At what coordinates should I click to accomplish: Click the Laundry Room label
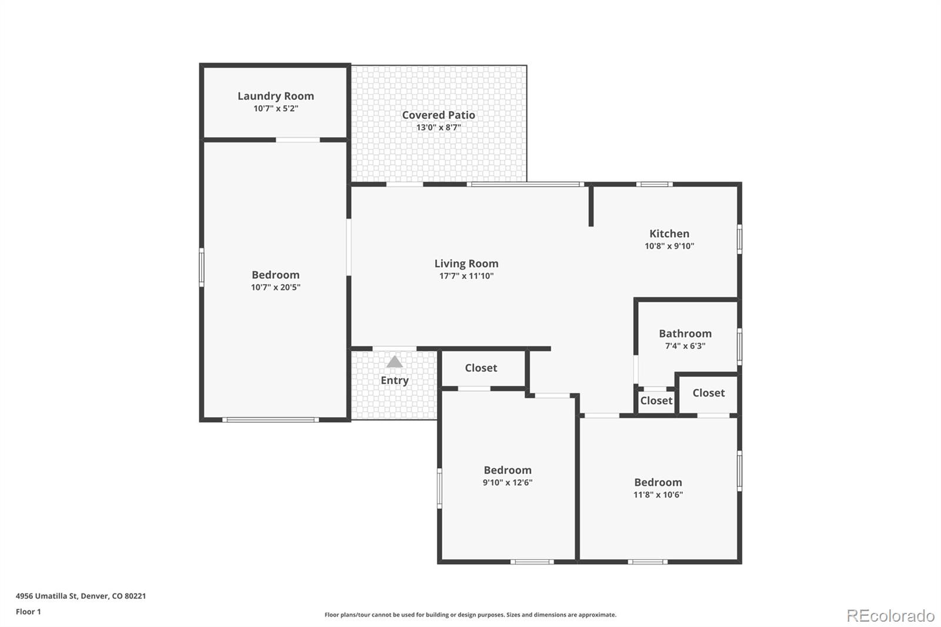tap(275, 96)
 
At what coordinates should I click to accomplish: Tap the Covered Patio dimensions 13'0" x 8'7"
tap(438, 128)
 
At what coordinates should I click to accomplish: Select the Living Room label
tap(466, 264)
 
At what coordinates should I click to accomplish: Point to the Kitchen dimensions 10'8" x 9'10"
tap(669, 246)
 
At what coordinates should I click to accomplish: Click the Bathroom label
tap(685, 333)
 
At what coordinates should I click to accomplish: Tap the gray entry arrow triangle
tap(394, 362)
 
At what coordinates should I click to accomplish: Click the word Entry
tap(394, 381)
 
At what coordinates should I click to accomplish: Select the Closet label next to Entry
tap(480, 368)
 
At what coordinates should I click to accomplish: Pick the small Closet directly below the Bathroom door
tap(656, 401)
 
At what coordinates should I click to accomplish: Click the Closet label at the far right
tap(708, 393)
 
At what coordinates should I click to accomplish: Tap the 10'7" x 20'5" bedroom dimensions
tap(275, 288)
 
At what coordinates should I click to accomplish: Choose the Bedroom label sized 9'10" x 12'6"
tap(507, 470)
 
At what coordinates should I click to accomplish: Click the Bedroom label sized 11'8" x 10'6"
tap(658, 482)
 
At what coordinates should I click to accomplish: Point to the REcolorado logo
tap(890, 615)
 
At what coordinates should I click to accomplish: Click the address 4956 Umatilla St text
tap(81, 596)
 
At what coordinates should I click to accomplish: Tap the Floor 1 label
tap(28, 612)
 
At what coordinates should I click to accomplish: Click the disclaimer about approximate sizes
tap(470, 615)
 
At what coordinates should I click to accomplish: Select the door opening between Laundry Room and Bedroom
tap(298, 140)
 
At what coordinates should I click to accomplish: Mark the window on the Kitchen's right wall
tap(739, 239)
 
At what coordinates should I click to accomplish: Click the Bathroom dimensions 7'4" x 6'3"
tap(685, 346)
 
